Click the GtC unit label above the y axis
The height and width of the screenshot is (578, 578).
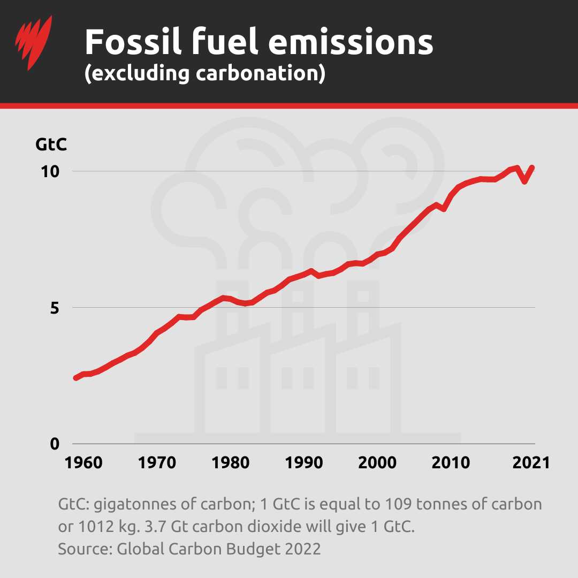pyautogui.click(x=51, y=144)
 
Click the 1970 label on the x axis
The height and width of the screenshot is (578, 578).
pyautogui.click(x=157, y=463)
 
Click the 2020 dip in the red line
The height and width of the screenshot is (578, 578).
pyautogui.click(x=525, y=181)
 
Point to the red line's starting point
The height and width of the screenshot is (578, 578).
pyautogui.click(x=76, y=378)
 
